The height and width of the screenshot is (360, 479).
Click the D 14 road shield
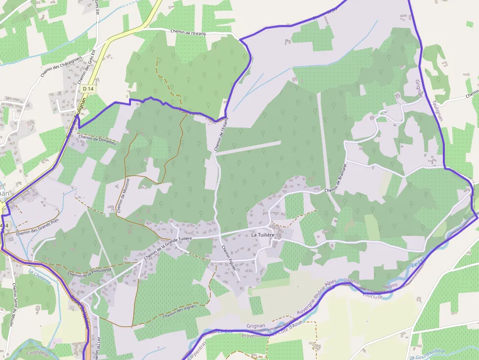[88, 88]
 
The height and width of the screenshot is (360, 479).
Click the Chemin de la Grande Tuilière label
[166, 242]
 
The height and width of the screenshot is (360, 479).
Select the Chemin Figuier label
[229, 258]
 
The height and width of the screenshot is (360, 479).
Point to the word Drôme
[352, 282]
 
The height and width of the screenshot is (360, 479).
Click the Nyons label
[390, 285]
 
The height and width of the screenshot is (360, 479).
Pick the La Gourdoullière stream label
[427, 350]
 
